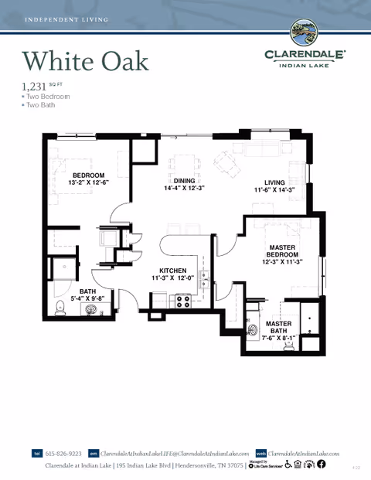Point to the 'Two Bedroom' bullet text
(48, 97)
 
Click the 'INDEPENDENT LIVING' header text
(66, 18)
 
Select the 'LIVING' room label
(275, 182)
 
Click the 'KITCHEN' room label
(173, 271)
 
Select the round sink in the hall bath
(92, 311)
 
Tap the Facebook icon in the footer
(322, 465)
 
